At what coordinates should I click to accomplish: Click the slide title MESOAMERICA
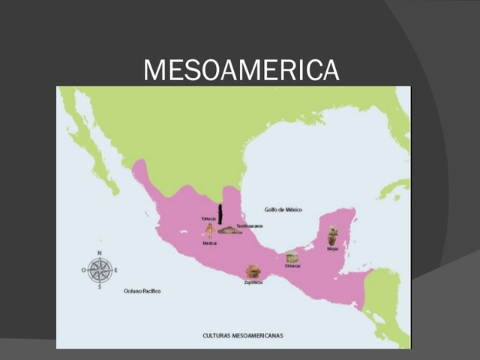click(241, 70)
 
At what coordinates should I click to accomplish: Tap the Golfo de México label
click(283, 210)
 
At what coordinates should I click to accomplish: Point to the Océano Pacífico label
click(142, 291)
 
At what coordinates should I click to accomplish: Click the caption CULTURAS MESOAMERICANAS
click(242, 335)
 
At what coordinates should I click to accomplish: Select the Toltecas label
click(208, 218)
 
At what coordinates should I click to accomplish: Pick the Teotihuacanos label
click(250, 226)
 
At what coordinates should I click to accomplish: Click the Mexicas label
click(210, 244)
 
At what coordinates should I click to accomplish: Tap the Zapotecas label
click(253, 283)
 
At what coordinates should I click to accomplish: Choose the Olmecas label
click(292, 265)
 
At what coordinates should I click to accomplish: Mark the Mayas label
click(332, 249)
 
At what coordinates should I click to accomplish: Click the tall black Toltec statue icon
click(220, 214)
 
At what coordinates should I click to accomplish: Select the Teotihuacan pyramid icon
click(229, 230)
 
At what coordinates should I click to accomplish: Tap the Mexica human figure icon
click(210, 232)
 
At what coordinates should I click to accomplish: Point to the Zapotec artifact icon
click(253, 271)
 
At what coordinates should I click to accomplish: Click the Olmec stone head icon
click(292, 256)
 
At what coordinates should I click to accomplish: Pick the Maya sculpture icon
click(332, 236)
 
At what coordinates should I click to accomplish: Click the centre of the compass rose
click(100, 269)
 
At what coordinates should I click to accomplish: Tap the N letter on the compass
click(100, 253)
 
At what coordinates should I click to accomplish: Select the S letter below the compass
click(100, 286)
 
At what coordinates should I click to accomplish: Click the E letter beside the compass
click(116, 270)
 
